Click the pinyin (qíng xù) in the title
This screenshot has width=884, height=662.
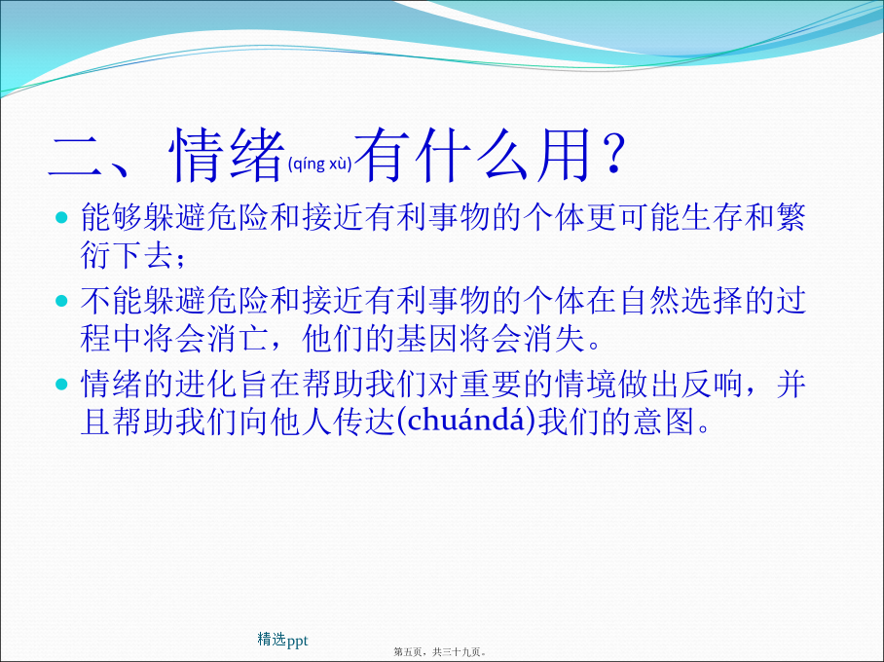(319, 164)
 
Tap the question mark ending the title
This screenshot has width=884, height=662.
(612, 154)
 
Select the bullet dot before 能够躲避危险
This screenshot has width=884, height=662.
(61, 218)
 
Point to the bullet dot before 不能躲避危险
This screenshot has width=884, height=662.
(61, 301)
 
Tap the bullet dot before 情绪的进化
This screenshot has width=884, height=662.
(61, 385)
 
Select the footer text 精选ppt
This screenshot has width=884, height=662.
(282, 640)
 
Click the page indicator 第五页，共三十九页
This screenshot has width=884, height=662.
(440, 652)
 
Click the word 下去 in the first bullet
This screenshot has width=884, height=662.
(143, 254)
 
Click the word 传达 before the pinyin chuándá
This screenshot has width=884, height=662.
(363, 422)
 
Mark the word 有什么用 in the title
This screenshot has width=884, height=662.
(473, 155)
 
